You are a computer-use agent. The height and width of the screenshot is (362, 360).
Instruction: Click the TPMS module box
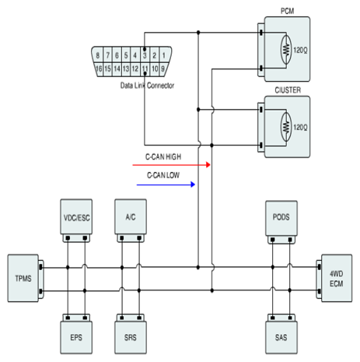(x=23, y=278)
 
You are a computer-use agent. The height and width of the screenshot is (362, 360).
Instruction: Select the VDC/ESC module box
(x=76, y=216)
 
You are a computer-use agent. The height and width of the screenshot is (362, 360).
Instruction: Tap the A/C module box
(x=131, y=216)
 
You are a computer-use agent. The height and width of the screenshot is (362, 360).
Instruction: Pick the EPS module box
(x=76, y=337)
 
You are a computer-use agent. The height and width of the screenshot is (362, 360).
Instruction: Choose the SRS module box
(x=131, y=337)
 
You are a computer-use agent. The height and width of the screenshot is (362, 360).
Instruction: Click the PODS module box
(x=281, y=218)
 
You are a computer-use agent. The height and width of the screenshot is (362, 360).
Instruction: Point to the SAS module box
(x=281, y=337)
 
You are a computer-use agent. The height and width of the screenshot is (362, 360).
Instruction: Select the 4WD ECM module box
(x=337, y=278)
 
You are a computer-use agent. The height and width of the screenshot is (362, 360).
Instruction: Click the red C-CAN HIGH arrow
(x=171, y=165)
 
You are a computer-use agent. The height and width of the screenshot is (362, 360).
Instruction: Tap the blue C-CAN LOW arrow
(x=166, y=185)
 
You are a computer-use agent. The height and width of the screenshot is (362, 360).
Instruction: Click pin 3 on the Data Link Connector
(x=145, y=54)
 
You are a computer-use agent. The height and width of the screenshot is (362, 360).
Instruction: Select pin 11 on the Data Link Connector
(x=145, y=69)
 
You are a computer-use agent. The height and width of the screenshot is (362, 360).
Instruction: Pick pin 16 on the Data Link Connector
(x=99, y=69)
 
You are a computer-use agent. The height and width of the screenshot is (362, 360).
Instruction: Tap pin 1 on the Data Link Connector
(x=164, y=54)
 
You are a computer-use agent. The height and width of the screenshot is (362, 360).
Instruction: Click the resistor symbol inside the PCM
(x=286, y=49)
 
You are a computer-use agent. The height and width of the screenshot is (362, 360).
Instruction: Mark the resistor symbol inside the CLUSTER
(x=286, y=127)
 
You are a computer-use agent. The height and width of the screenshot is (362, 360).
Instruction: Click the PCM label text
(x=288, y=11)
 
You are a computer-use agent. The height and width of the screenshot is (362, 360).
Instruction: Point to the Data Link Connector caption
(x=147, y=86)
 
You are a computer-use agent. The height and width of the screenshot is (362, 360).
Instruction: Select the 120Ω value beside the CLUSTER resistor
(x=300, y=127)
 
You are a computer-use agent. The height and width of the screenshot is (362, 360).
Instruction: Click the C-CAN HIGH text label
(x=163, y=156)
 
